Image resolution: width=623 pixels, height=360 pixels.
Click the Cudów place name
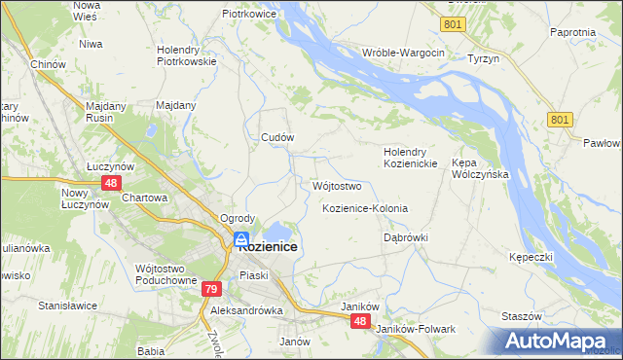[276, 138]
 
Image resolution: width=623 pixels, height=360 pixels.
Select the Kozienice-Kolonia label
[364, 209]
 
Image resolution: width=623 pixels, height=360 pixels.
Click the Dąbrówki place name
[406, 237]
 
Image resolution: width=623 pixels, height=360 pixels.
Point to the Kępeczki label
[531, 256]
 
